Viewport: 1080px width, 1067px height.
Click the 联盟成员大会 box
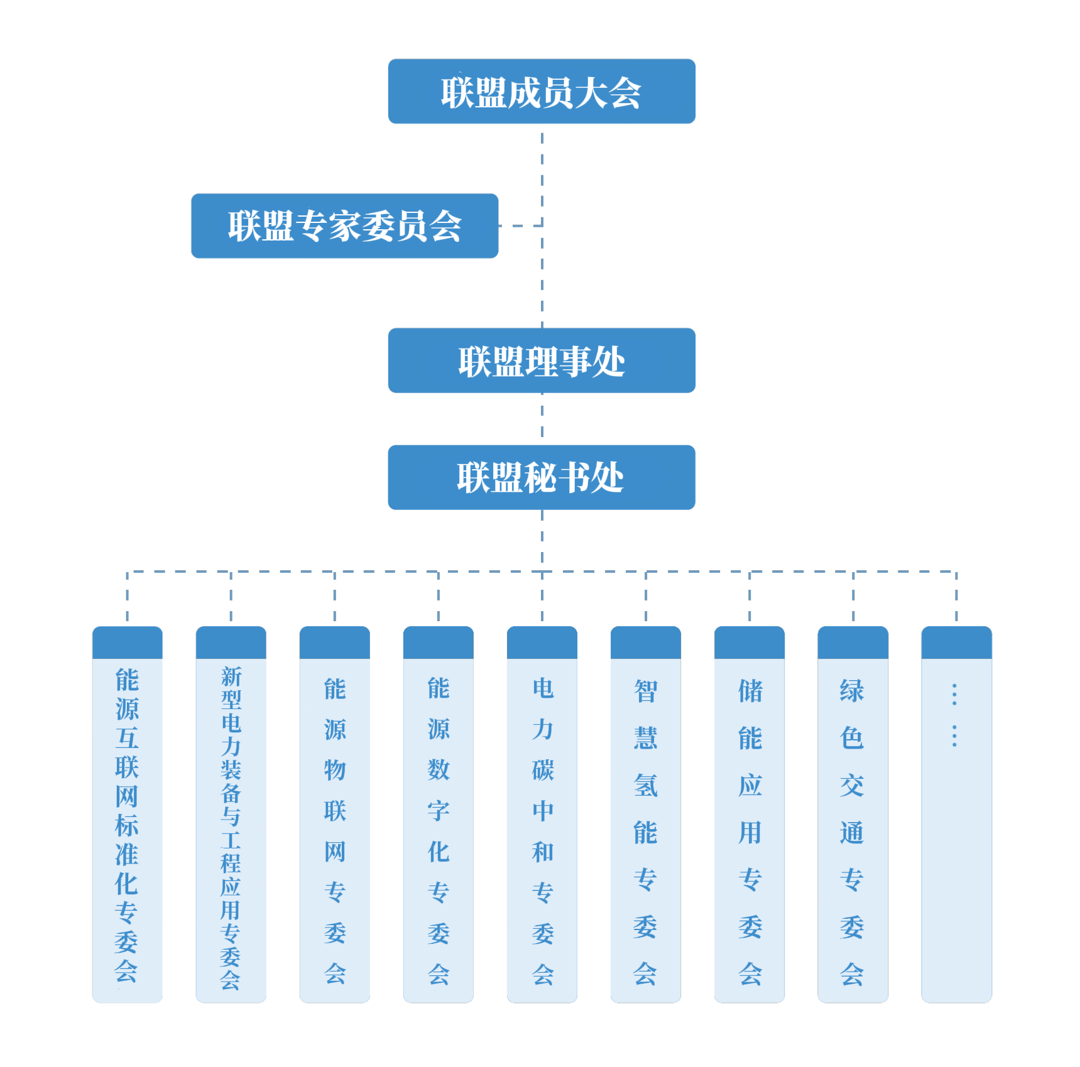[x=541, y=92]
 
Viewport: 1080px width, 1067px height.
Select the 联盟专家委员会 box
[x=344, y=225]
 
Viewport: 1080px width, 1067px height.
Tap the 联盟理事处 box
[x=541, y=360]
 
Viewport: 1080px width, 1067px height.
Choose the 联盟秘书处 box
[x=541, y=477]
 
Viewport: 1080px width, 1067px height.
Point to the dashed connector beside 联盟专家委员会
[x=521, y=225]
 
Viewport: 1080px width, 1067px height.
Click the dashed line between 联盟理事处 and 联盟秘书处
[x=542, y=419]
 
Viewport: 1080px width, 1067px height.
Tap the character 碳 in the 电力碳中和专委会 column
[x=543, y=770]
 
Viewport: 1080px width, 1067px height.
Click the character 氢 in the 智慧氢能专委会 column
[x=646, y=786]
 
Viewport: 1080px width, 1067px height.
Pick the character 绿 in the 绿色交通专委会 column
[x=853, y=691]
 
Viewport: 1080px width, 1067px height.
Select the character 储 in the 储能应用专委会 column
[x=750, y=691]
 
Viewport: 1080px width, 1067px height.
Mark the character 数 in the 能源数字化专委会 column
[x=439, y=770]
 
